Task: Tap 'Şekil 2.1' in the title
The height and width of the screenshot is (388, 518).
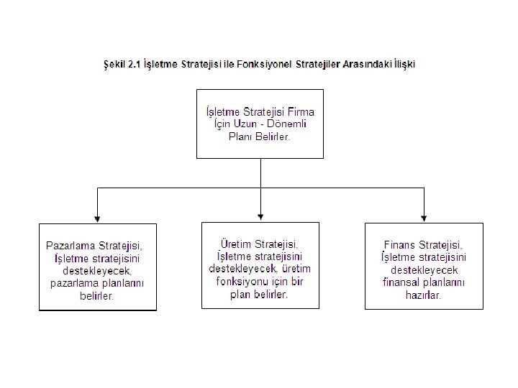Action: [x=119, y=64]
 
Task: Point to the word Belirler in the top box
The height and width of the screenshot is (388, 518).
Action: [x=270, y=136]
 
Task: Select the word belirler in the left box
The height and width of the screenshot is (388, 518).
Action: [x=97, y=295]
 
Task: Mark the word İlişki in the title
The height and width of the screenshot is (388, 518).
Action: [x=399, y=64]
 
